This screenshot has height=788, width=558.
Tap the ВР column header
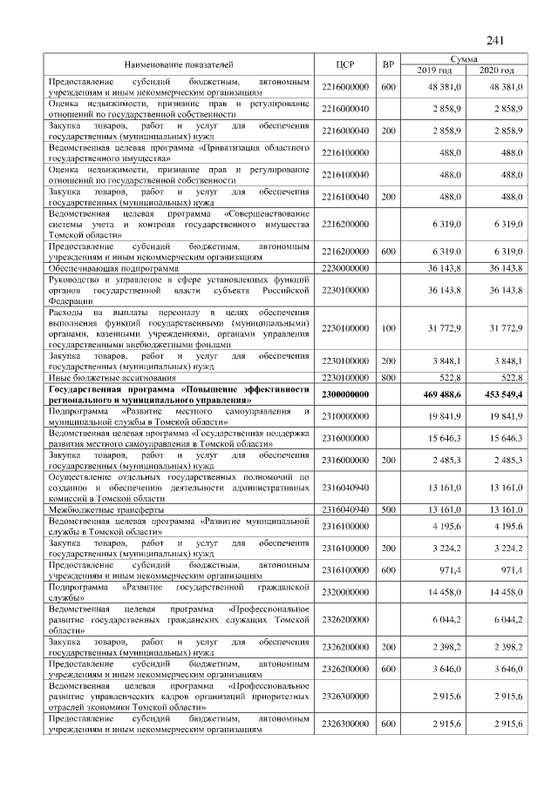(x=388, y=64)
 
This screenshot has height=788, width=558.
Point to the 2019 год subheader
(x=434, y=70)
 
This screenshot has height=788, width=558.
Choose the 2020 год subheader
(x=496, y=70)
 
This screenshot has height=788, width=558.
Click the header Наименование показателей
(x=179, y=64)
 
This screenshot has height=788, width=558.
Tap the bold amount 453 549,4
(x=500, y=394)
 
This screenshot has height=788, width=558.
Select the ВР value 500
(x=388, y=509)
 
